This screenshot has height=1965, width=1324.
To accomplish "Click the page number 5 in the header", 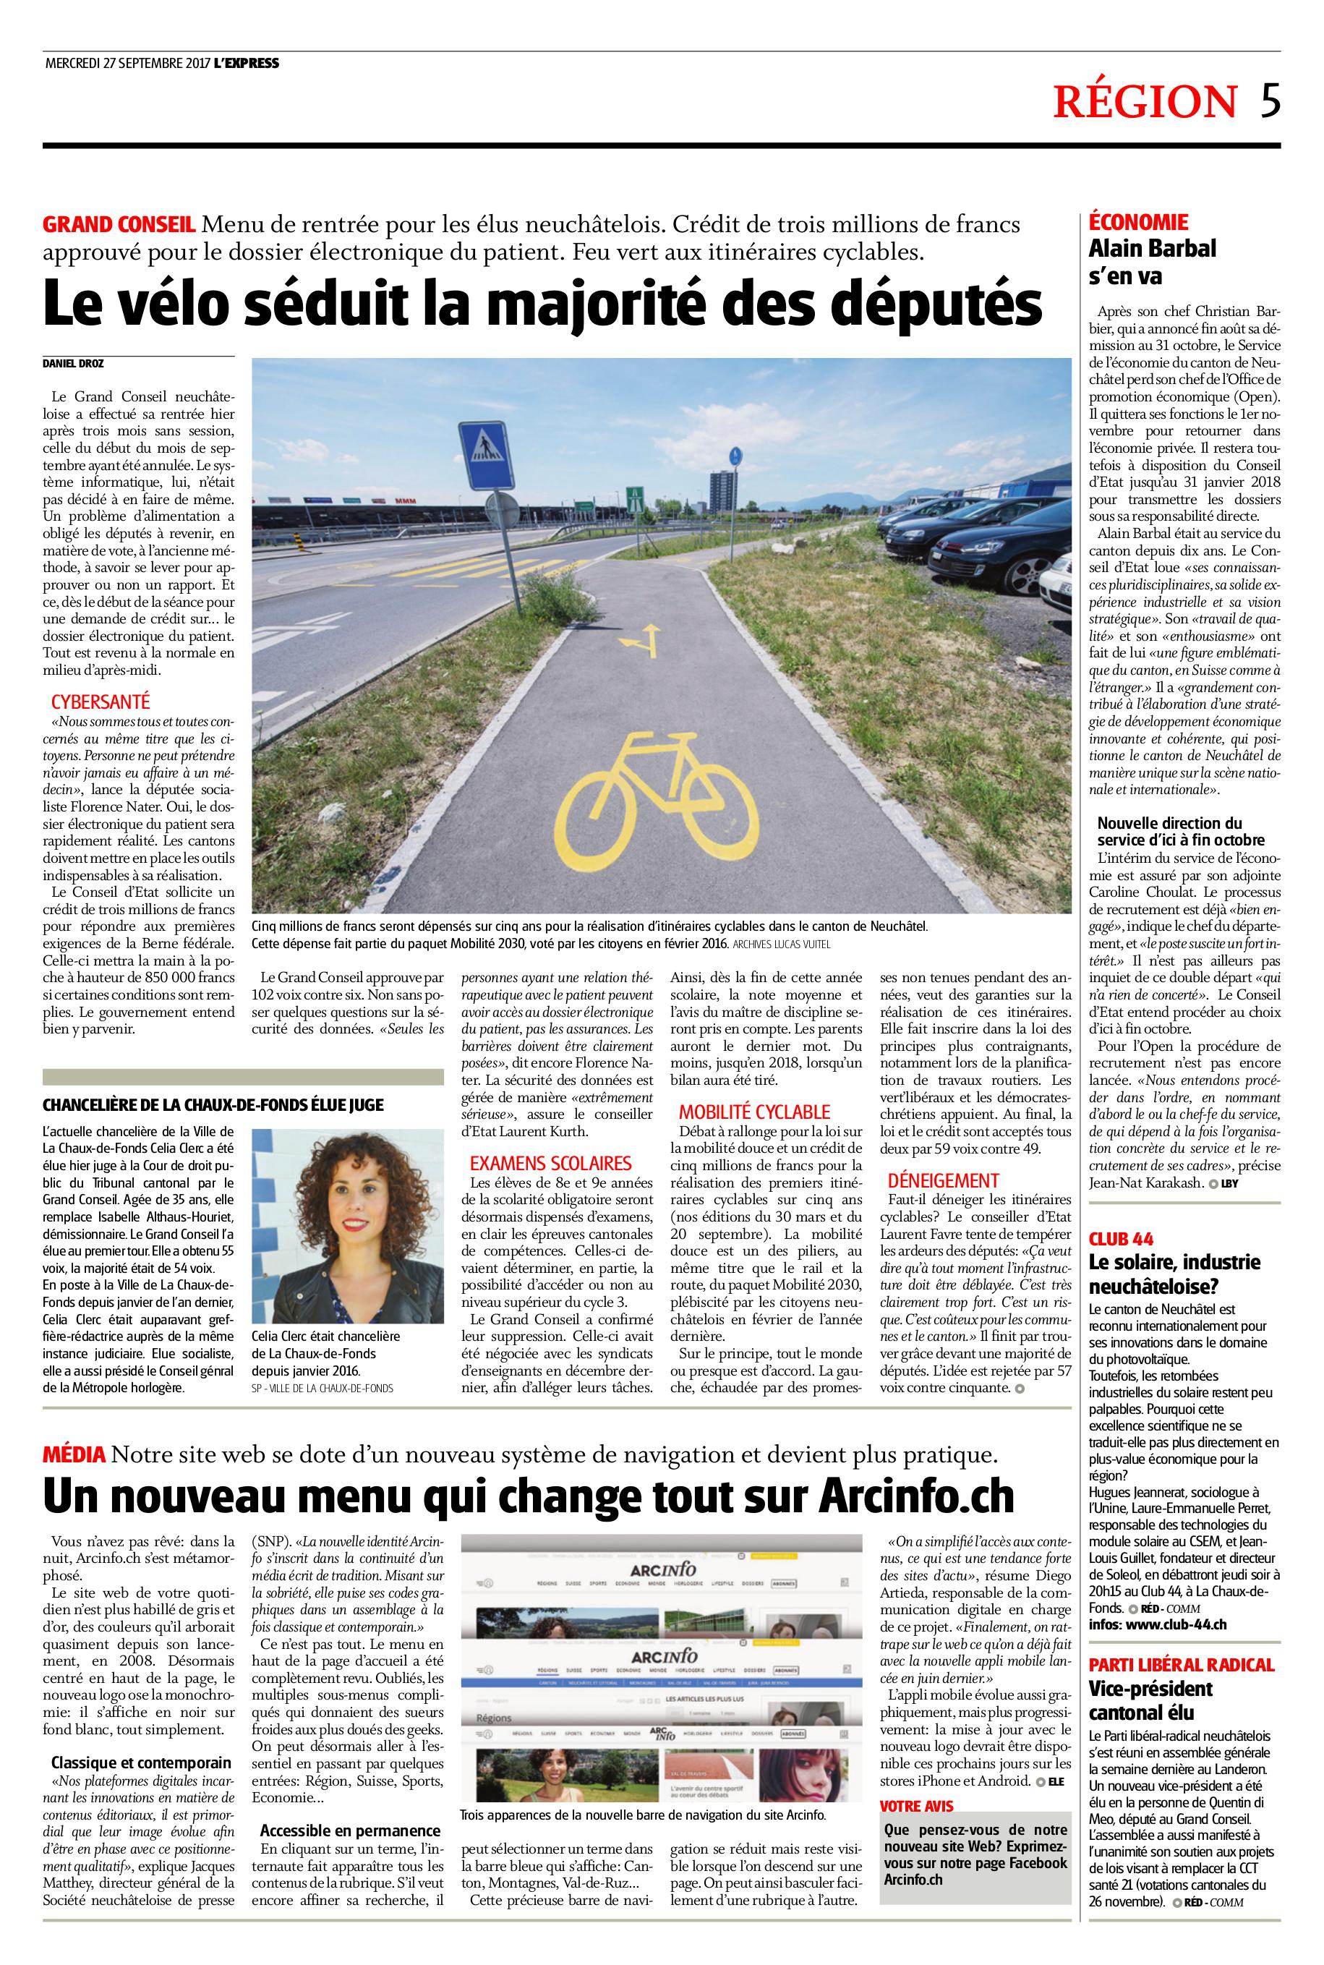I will [x=1270, y=101].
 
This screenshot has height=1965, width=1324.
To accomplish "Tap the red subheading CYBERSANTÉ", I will [x=101, y=702].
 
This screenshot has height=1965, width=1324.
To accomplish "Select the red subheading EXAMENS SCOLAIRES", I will [x=550, y=1164].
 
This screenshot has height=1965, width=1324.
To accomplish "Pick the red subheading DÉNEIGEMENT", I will [x=943, y=1180].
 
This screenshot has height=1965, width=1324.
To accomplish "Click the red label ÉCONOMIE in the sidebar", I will [x=1138, y=223].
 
